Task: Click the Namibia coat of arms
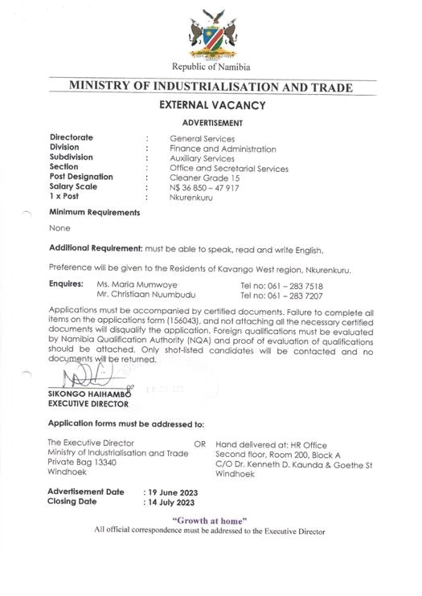212,33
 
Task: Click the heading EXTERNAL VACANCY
211,104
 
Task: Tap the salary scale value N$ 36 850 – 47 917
204,186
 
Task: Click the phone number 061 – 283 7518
281,285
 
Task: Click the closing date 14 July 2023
170,502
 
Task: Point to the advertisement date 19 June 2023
171,492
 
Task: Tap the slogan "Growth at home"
210,520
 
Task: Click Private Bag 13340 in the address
82,463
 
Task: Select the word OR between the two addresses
200,443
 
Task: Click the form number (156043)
190,320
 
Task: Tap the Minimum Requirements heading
94,213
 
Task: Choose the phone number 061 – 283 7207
281,295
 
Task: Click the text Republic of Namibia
211,67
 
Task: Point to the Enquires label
66,284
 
